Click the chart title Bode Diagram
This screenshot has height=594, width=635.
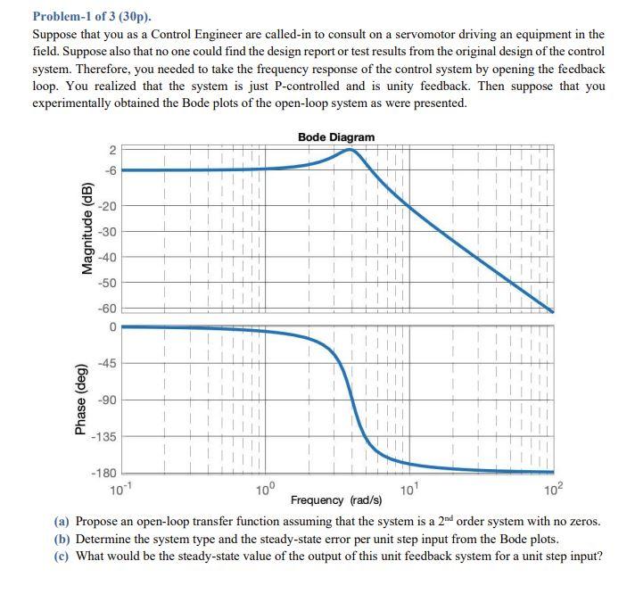tap(336, 136)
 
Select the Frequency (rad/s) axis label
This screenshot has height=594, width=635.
tap(336, 499)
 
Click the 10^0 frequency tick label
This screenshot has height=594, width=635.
tap(266, 489)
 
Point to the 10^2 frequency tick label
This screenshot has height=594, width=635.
tap(553, 489)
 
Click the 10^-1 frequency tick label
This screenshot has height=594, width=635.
tap(118, 489)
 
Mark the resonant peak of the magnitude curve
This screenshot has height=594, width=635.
tap(350, 150)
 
